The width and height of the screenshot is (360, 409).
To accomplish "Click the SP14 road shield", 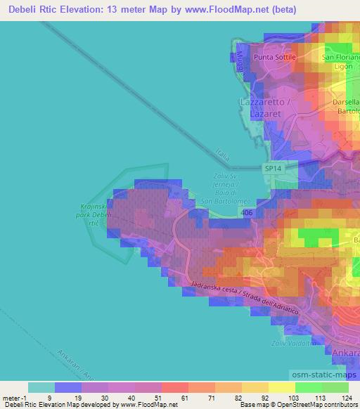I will point(274,169).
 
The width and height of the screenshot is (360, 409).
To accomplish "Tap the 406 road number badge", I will point(246,212).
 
